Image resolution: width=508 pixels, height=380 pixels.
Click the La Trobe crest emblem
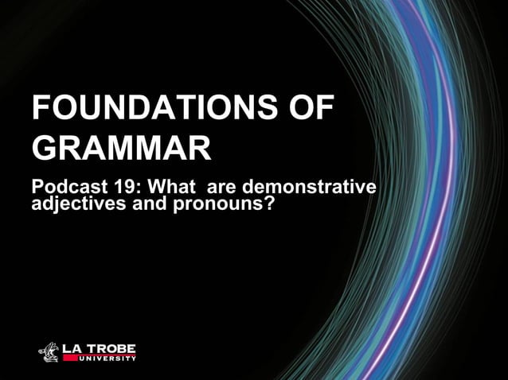click(x=50, y=351)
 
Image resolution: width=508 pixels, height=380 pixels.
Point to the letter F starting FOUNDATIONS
click(x=41, y=109)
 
